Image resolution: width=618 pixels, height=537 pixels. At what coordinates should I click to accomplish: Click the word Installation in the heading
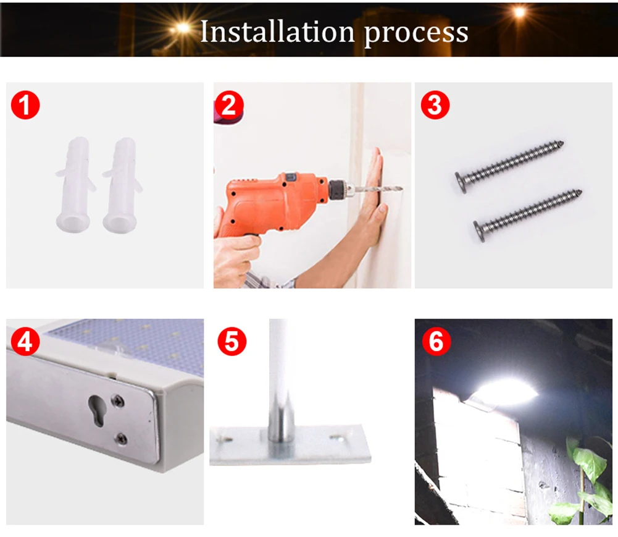[277, 31]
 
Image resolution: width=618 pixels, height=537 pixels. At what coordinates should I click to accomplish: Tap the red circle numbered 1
[25, 104]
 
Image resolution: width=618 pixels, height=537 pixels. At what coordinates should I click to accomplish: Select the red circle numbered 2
[229, 104]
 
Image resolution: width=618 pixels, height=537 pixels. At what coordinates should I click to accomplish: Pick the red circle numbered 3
[435, 104]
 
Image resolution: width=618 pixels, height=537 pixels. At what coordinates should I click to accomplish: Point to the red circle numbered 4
[25, 341]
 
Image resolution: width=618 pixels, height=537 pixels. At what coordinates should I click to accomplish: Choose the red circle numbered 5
[232, 341]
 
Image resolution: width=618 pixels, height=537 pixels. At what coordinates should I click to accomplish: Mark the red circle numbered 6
[436, 341]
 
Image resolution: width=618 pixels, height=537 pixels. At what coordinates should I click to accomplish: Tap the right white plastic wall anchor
[122, 184]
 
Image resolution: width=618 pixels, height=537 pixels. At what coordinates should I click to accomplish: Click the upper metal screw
[509, 166]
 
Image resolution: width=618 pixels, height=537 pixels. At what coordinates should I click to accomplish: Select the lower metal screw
[527, 215]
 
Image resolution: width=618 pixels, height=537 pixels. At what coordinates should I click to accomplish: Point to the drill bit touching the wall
[378, 188]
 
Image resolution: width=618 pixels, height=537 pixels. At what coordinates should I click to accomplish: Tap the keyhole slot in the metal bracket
[96, 410]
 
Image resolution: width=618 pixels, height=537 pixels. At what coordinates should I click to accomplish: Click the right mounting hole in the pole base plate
[336, 437]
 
